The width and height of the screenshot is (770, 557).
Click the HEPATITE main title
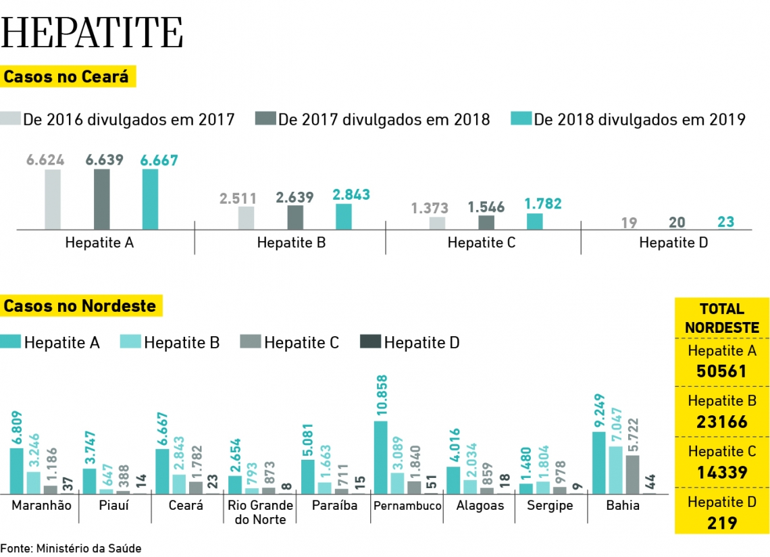(93, 32)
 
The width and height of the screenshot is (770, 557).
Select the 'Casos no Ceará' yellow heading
(66, 76)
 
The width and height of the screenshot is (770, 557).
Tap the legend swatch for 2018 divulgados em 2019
(521, 119)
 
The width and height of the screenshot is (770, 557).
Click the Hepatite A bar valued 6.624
(53, 199)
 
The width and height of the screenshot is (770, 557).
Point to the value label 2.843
(351, 194)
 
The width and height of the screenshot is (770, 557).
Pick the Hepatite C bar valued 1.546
(486, 222)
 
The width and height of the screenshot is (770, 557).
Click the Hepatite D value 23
(726, 221)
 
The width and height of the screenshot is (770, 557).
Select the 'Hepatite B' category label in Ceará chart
(291, 242)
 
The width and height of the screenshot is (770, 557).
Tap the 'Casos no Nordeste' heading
(80, 306)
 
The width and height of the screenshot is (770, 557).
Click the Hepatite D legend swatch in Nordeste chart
(370, 342)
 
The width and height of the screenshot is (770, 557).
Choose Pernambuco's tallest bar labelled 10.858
(380, 457)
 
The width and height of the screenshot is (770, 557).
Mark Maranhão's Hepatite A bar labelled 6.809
(16, 471)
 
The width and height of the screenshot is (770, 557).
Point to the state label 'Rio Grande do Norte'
(260, 512)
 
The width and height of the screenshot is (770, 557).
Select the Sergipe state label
(550, 506)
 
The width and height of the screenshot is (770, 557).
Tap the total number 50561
(721, 371)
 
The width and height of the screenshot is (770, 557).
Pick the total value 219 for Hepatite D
(721, 523)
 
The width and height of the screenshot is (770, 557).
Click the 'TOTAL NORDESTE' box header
(721, 318)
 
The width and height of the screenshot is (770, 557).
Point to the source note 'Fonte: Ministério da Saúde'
(71, 548)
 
